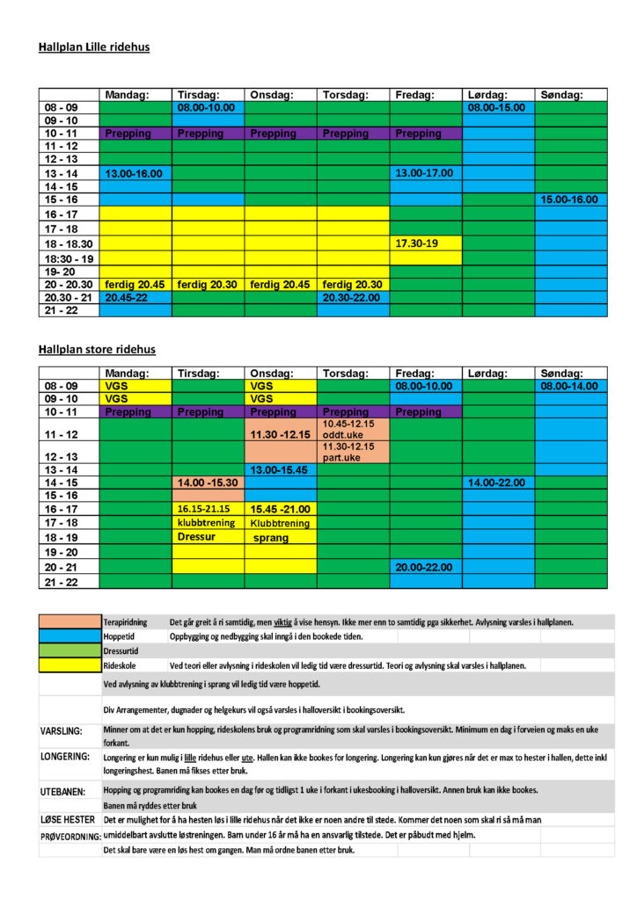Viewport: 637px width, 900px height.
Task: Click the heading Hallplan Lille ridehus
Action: (94, 47)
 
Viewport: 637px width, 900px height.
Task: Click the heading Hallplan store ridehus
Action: (97, 350)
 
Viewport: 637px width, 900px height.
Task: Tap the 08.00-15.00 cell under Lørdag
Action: (498, 107)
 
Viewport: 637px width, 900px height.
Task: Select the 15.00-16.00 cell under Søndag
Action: (570, 200)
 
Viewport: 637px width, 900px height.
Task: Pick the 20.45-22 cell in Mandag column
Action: (135, 298)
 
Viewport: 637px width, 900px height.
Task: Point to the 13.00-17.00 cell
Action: (426, 174)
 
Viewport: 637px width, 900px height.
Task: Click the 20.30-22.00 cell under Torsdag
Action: (353, 298)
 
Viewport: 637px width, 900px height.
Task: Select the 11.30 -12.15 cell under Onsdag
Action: (281, 434)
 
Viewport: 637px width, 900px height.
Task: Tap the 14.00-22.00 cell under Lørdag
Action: (498, 483)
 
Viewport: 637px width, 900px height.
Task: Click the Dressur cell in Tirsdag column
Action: (208, 536)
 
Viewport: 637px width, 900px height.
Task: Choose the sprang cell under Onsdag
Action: (281, 537)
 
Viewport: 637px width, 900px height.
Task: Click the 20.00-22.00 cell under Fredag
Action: (426, 568)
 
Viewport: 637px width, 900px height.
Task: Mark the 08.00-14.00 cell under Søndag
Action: (570, 386)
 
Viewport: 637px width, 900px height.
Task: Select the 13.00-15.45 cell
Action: (281, 470)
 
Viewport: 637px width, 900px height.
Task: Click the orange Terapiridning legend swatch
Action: (70, 622)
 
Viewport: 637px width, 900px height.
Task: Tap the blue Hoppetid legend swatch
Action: (70, 636)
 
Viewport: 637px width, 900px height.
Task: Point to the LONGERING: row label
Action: (66, 756)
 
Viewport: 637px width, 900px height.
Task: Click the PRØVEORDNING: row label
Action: (70, 836)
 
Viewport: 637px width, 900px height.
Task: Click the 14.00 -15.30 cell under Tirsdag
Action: (208, 483)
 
